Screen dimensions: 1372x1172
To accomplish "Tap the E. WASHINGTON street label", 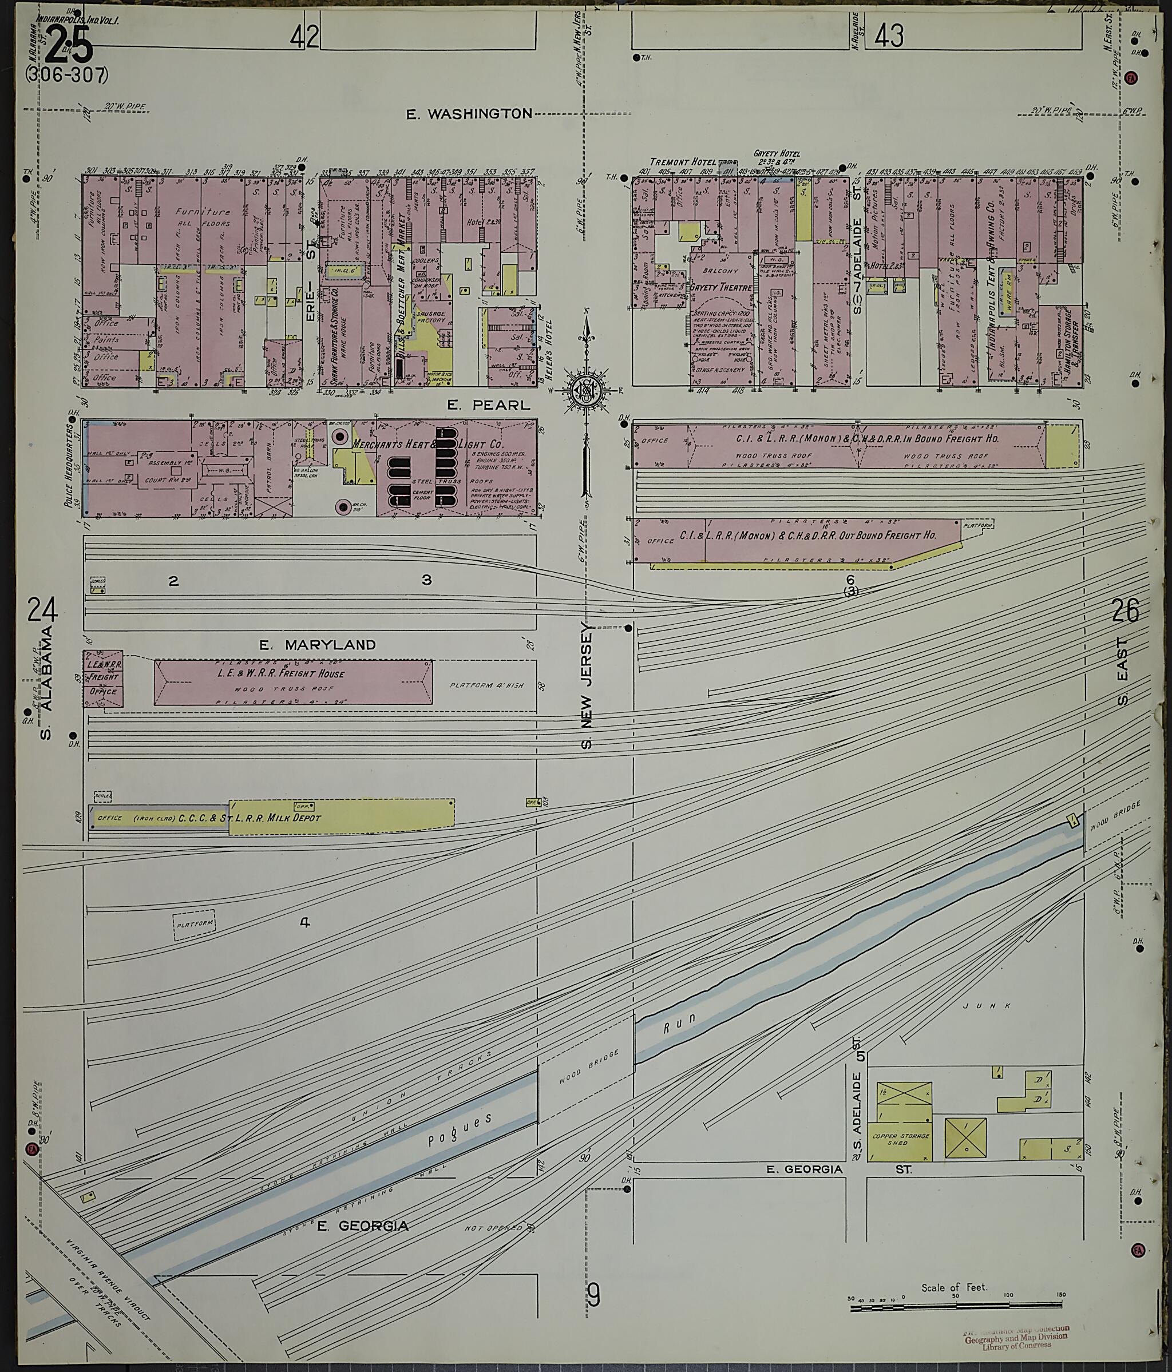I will coord(469,114).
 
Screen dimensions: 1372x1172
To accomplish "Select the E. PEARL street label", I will coord(489,405).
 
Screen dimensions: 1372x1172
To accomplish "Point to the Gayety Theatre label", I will coord(721,288).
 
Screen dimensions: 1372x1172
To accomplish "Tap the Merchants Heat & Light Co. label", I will coord(427,445).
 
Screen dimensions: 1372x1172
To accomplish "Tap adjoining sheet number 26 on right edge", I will coord(1125,610).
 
